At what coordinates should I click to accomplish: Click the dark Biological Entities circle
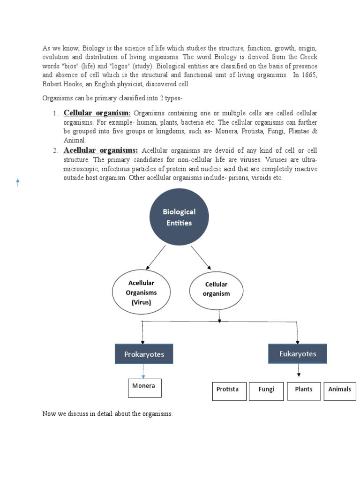(179, 217)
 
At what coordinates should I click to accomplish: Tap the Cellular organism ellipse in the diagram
(216, 289)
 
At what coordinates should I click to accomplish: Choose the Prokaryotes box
(144, 354)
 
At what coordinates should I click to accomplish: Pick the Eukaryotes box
(297, 353)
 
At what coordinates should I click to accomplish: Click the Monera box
(144, 388)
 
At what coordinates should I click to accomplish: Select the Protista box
(228, 390)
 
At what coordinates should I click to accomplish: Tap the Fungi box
(266, 390)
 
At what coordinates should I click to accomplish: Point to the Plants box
(303, 390)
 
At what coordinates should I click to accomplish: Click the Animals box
(339, 390)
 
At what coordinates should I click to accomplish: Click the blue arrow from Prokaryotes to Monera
(143, 371)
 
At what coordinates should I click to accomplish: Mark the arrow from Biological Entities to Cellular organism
(201, 257)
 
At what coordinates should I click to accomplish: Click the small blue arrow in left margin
(18, 183)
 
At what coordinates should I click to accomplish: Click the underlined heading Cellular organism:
(97, 113)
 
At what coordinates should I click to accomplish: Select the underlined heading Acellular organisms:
(101, 150)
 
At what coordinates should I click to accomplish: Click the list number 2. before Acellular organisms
(55, 150)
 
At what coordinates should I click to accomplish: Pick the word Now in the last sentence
(49, 414)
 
